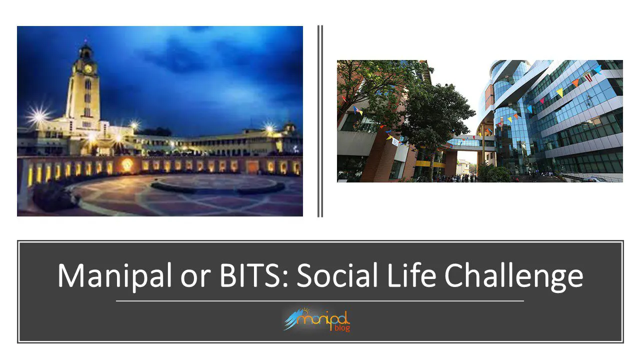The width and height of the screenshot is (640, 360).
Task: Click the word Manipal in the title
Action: point(114,275)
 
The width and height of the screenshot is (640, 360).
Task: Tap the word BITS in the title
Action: point(249,274)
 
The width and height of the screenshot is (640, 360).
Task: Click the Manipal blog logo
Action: point(317,319)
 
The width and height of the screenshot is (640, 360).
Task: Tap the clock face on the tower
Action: point(88,69)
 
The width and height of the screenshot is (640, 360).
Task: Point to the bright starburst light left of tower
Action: point(38,115)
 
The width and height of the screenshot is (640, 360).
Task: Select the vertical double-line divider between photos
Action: point(320,121)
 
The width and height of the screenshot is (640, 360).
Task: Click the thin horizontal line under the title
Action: point(319,301)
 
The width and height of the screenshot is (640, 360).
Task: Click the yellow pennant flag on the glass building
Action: point(560,92)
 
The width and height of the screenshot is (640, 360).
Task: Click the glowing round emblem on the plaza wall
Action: point(127,164)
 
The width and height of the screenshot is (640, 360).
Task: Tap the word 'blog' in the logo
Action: point(342,327)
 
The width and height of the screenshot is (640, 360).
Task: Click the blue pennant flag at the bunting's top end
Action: point(597,69)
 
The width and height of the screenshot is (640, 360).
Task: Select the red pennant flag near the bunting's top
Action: point(587,77)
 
